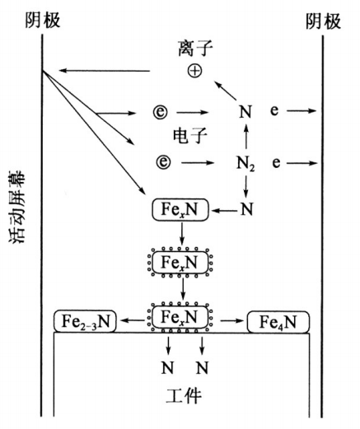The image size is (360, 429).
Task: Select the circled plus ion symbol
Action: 194,72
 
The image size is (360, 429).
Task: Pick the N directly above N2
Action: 244,110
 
